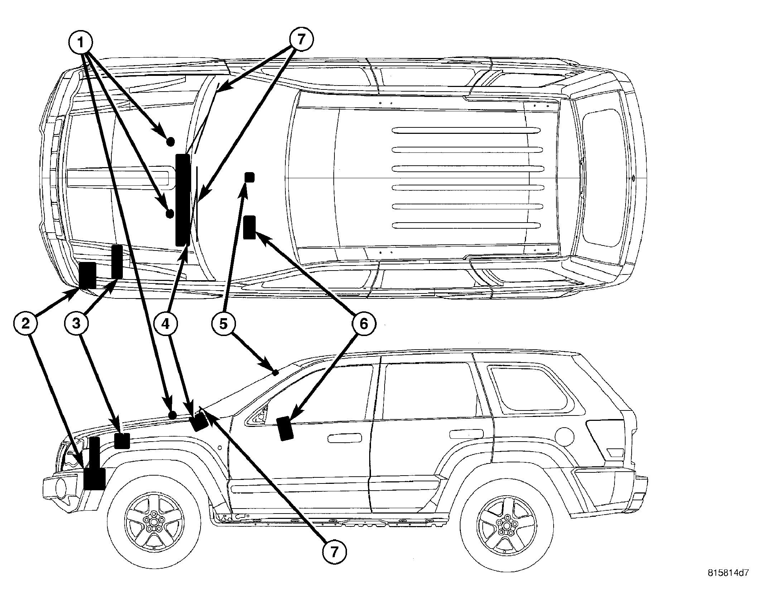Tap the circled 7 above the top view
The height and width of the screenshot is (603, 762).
pos(301,39)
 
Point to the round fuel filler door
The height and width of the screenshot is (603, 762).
pos(565,437)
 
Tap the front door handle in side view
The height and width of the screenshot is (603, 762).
pos(345,438)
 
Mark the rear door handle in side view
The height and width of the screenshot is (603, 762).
pos(465,434)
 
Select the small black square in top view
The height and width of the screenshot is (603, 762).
pos(249,177)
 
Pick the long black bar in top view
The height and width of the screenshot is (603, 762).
pos(183,200)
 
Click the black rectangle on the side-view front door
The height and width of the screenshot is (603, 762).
pos(285,428)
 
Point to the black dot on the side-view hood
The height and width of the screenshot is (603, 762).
pos(172,415)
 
